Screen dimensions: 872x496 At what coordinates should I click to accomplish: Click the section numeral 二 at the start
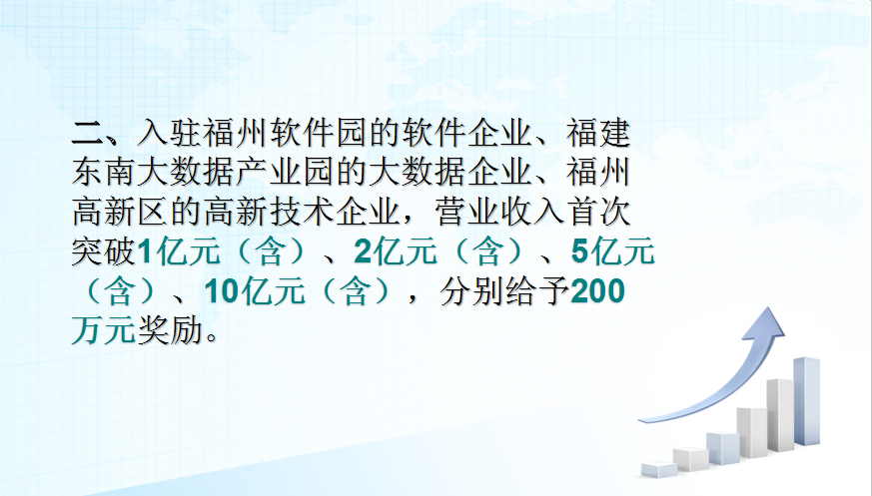click(x=87, y=134)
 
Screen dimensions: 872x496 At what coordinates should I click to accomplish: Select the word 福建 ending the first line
click(x=598, y=134)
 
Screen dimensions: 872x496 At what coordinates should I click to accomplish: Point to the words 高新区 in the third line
click(x=120, y=213)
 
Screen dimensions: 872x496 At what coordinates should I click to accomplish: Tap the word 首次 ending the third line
click(x=598, y=213)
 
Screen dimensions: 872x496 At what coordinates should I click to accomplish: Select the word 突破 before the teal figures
click(x=104, y=251)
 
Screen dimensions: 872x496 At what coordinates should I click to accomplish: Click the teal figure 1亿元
click(x=179, y=251)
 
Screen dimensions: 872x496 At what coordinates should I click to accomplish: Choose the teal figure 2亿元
click(x=396, y=251)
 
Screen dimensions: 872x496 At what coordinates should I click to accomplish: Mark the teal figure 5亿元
click(x=613, y=251)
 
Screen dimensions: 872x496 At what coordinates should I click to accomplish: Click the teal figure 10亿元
click(x=255, y=291)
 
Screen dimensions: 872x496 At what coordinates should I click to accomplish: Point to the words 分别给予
click(x=504, y=291)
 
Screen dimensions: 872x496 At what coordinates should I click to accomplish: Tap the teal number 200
click(x=598, y=291)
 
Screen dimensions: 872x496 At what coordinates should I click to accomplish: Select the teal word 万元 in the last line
click(x=104, y=330)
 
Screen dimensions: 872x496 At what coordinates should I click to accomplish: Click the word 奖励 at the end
click(x=170, y=330)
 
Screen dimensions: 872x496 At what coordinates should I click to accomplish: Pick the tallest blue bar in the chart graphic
click(x=806, y=401)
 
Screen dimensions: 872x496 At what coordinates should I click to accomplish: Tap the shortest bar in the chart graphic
click(x=659, y=469)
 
